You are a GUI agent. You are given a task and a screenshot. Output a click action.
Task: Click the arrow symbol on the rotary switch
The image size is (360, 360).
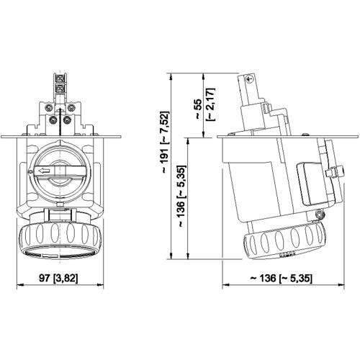44,171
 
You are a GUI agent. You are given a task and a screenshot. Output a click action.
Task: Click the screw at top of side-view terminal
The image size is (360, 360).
250,80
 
